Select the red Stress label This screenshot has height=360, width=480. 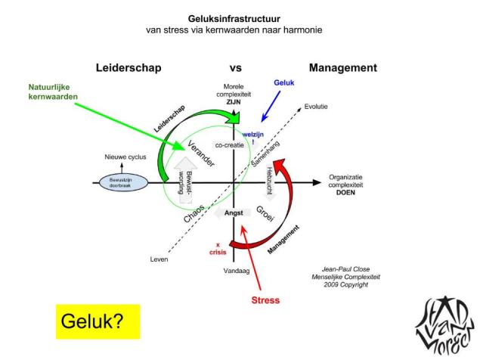coord(265,299)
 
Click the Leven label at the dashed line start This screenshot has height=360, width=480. coord(158,259)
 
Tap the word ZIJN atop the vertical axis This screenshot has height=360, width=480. coord(236,98)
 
